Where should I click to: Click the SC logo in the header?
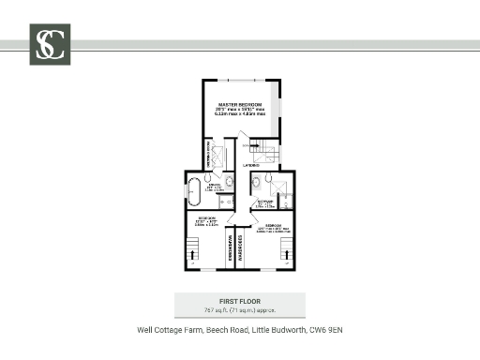[x=50, y=44]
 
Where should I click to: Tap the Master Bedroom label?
[x=241, y=105]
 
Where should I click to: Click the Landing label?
[x=251, y=165]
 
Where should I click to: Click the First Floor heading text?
[x=240, y=300]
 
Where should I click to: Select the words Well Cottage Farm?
[x=170, y=330]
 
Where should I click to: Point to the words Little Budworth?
[x=277, y=330]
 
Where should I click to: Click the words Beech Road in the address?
[x=223, y=330]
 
